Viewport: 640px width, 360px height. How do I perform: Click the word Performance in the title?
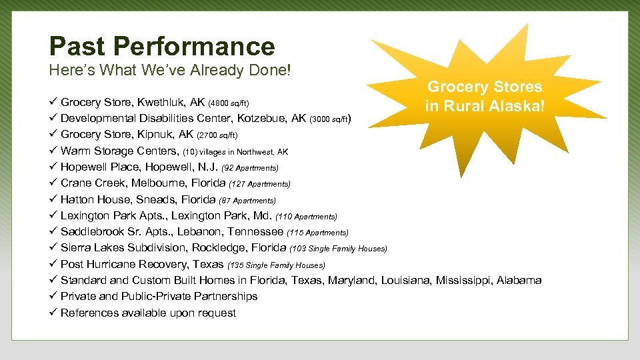pos(194,47)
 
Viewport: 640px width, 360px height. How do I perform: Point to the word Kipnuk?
pos(158,135)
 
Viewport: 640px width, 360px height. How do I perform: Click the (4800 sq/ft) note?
pos(229,103)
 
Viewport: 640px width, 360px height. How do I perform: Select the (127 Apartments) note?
pos(259,183)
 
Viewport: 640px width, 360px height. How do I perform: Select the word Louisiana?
pos(406,280)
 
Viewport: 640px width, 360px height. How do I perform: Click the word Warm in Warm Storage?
pos(75,151)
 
